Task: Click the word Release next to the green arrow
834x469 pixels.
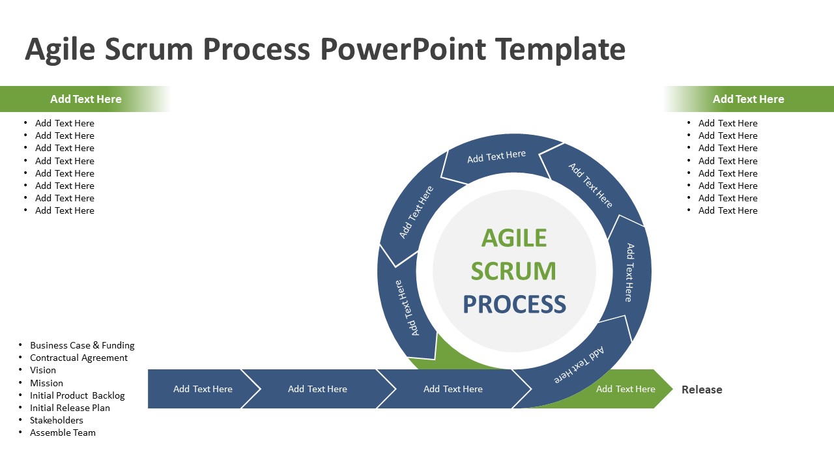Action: point(702,390)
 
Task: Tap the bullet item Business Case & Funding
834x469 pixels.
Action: point(82,345)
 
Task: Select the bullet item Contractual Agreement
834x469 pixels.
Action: point(79,358)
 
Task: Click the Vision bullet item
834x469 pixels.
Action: point(43,370)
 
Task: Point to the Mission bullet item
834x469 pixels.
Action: point(46,383)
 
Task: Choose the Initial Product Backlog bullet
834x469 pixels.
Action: point(77,395)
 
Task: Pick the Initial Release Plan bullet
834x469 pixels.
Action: point(70,408)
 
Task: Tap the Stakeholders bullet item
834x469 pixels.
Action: point(57,420)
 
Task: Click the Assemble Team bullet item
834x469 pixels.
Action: point(63,433)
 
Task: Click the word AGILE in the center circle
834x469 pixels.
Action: point(514,238)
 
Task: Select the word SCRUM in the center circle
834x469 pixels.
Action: point(514,271)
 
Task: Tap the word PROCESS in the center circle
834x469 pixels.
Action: point(514,304)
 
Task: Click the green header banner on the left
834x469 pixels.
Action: point(85,99)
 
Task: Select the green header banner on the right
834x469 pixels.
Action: point(748,99)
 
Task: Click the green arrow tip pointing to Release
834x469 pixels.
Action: point(663,389)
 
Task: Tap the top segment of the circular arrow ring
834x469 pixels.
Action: point(496,156)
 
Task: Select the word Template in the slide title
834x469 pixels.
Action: point(560,50)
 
